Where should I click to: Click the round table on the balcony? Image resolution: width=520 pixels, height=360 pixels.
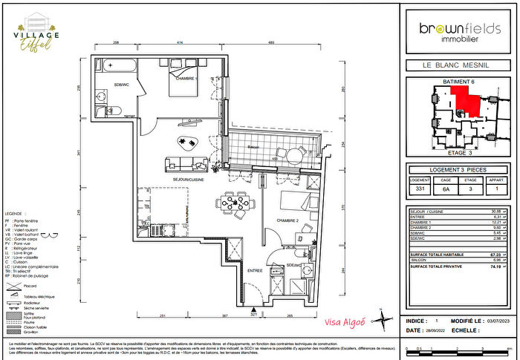pos(294,156)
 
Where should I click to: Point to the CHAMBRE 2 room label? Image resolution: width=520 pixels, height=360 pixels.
pos(287,221)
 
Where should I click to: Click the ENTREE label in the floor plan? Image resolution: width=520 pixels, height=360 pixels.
pos(255,271)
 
